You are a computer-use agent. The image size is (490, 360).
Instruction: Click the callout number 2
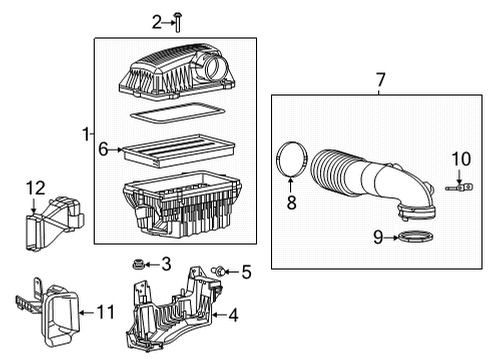(x=156, y=22)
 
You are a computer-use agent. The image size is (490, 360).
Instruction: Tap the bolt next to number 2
(x=177, y=22)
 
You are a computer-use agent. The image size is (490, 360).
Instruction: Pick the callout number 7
(x=379, y=77)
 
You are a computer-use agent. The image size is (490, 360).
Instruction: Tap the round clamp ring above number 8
(x=289, y=158)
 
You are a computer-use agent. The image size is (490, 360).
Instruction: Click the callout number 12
(x=36, y=186)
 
